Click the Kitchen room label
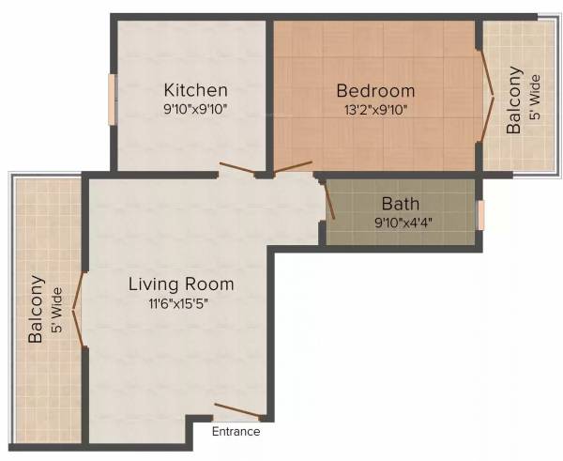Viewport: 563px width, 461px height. click(195, 90)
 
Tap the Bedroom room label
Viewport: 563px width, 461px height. click(375, 91)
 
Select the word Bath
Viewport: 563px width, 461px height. click(401, 204)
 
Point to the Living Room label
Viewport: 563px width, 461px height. click(181, 284)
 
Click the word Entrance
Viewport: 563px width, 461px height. click(236, 432)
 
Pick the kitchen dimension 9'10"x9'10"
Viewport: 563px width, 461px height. click(195, 109)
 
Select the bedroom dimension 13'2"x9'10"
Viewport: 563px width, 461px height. click(375, 109)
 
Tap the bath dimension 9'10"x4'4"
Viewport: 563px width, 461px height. click(401, 223)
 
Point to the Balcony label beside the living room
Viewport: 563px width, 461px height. click(37, 309)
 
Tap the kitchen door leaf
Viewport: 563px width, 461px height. click(236, 169)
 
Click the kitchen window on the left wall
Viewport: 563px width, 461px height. click(112, 99)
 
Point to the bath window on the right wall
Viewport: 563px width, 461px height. click(480, 215)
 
